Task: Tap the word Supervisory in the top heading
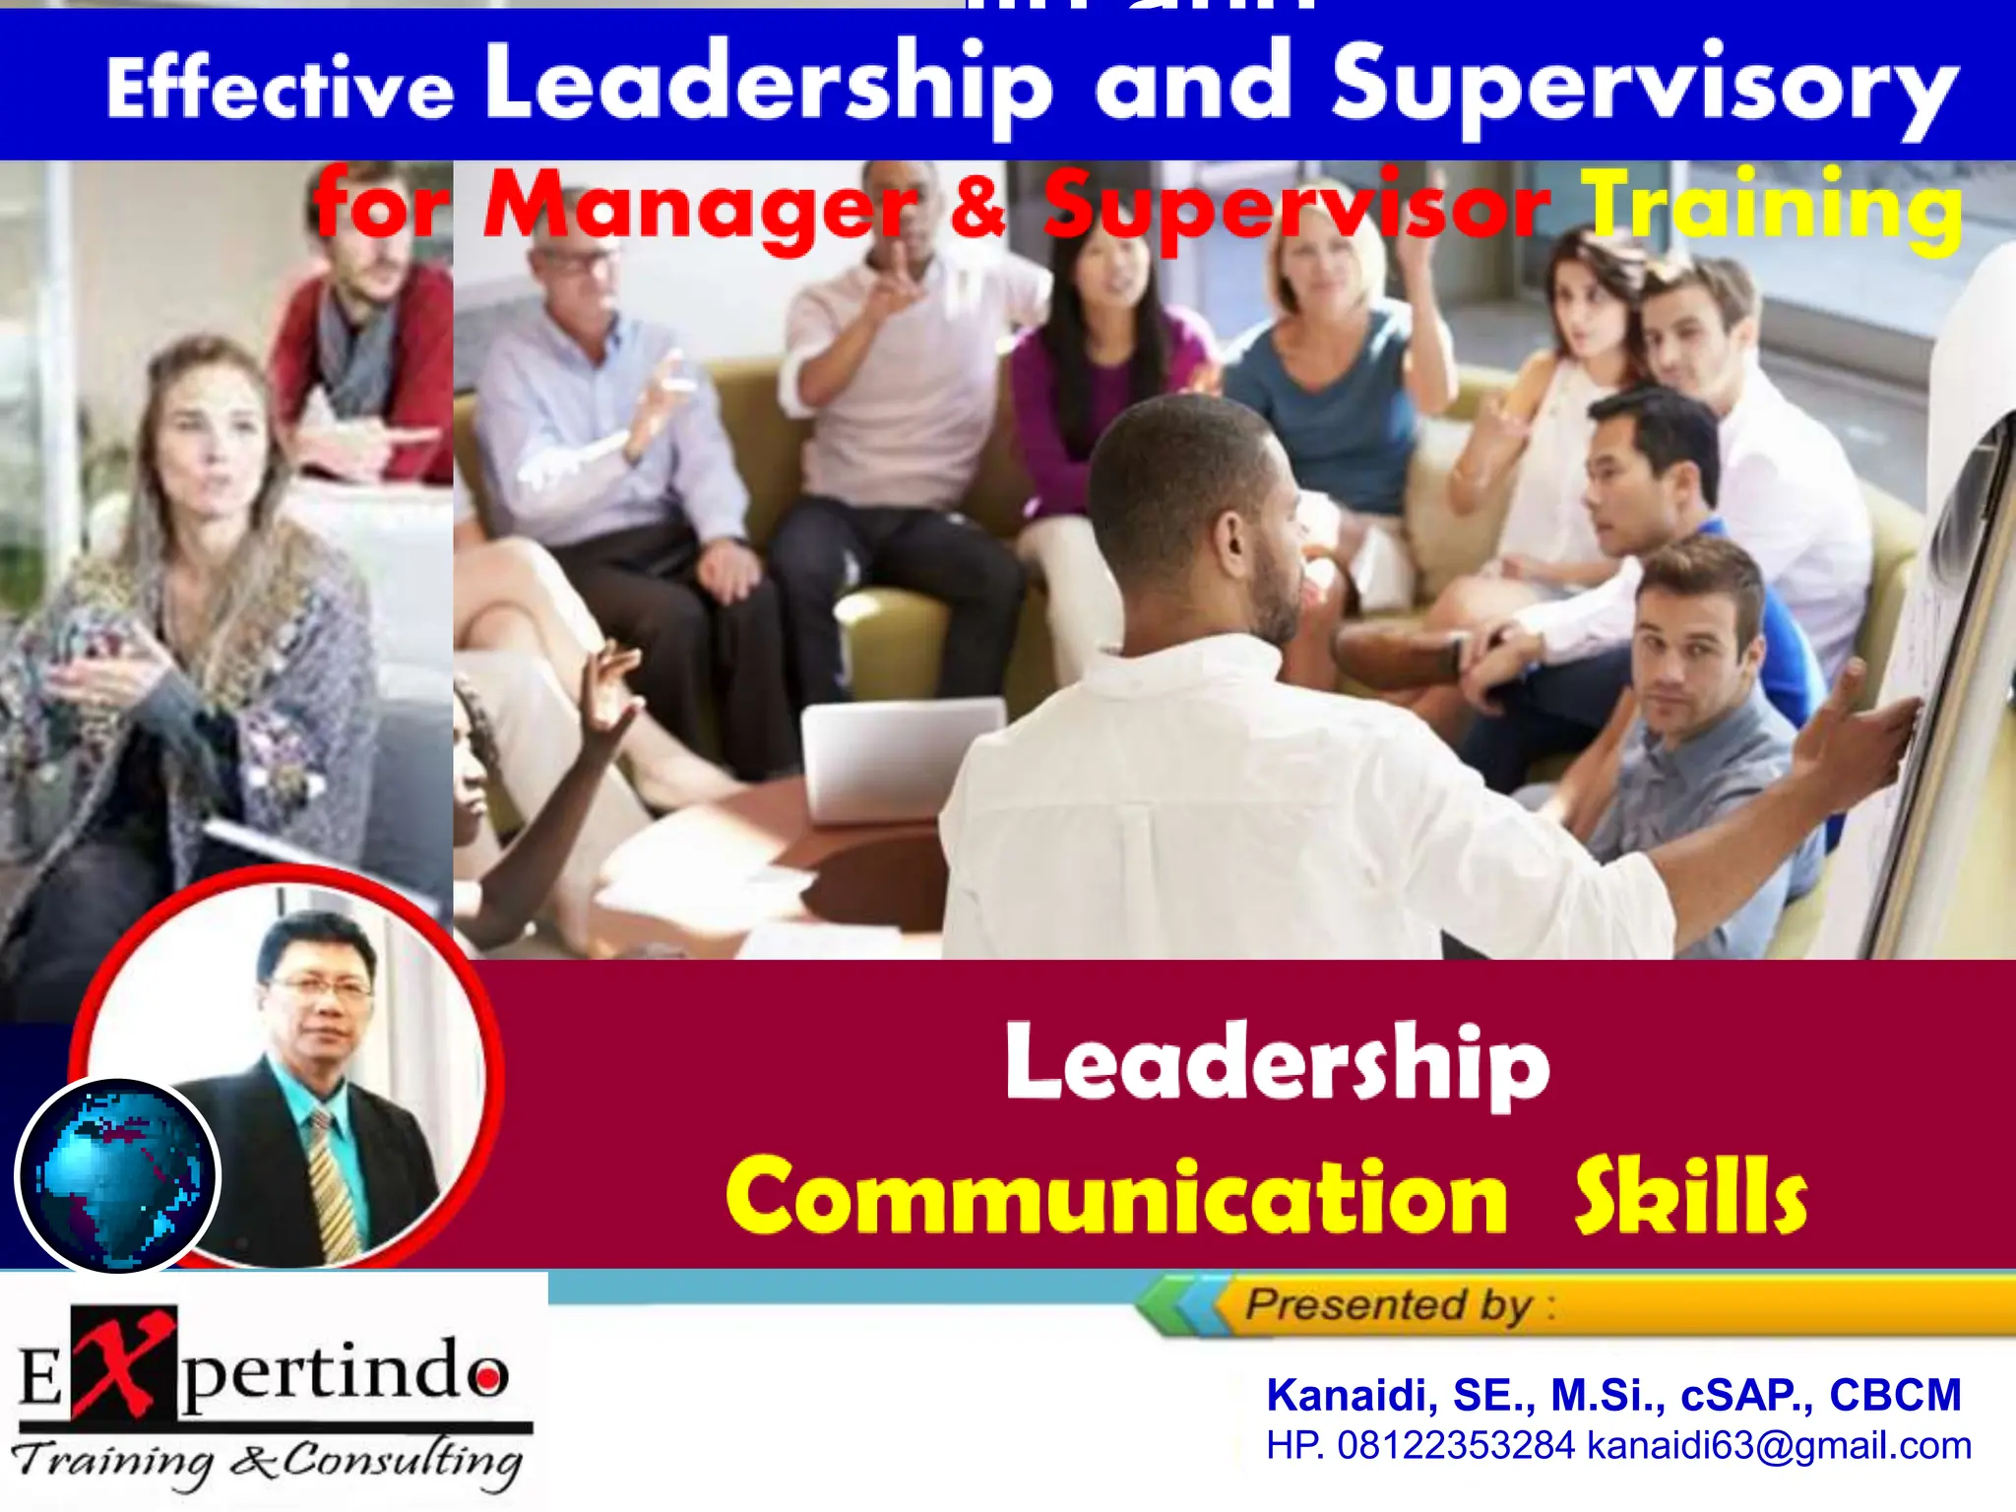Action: click(x=1644, y=89)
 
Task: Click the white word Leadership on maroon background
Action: click(x=1277, y=1063)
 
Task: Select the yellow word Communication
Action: click(x=1116, y=1197)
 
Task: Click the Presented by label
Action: click(x=1388, y=1305)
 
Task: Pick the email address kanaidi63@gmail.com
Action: click(x=1779, y=1446)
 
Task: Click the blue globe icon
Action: click(x=118, y=1176)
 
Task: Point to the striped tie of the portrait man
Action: click(x=335, y=1181)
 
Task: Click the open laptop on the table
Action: click(x=901, y=758)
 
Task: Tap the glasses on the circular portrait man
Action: click(x=320, y=987)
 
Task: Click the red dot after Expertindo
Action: click(x=484, y=1378)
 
